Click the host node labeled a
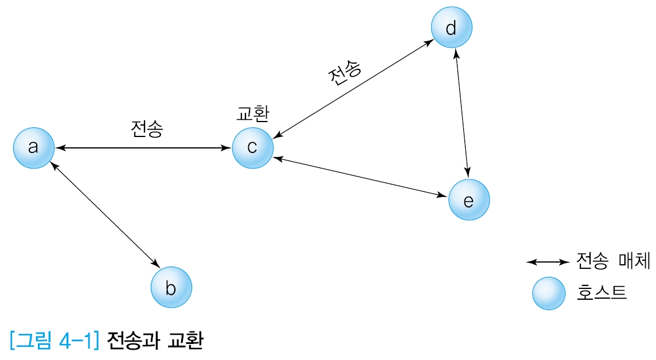tap(34, 148)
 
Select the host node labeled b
tap(171, 287)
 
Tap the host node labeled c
tap(252, 148)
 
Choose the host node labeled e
tap(469, 200)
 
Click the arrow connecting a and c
tap(143, 148)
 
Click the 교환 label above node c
tap(253, 113)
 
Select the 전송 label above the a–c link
tap(147, 129)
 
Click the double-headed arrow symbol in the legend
tap(547, 263)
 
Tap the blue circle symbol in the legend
tap(549, 293)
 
